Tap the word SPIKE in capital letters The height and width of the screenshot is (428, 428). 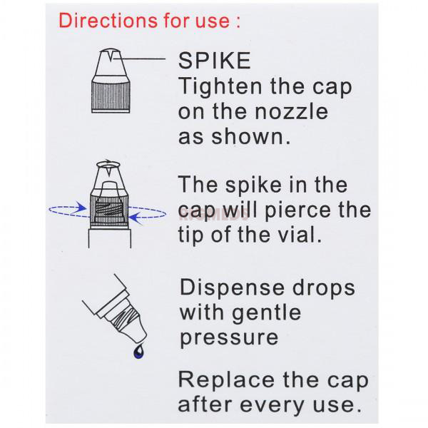point(214,61)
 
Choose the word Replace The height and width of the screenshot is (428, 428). point(223,378)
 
